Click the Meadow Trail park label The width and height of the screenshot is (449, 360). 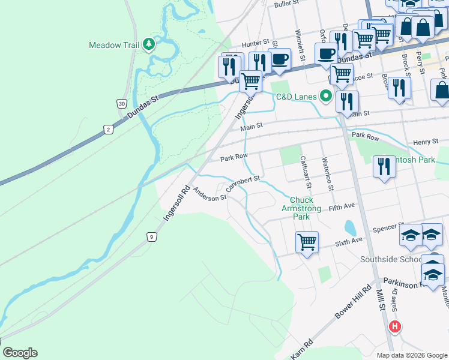(114, 45)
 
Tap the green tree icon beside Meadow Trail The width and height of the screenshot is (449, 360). (148, 44)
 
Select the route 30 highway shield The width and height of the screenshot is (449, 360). (122, 104)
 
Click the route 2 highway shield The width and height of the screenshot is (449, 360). (108, 129)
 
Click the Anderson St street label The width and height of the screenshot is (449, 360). (210, 193)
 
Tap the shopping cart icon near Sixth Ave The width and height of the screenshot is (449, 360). (307, 242)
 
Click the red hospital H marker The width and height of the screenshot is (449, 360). (394, 327)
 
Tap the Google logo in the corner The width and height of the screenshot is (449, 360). (20, 353)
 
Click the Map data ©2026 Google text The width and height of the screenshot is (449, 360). (411, 355)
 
